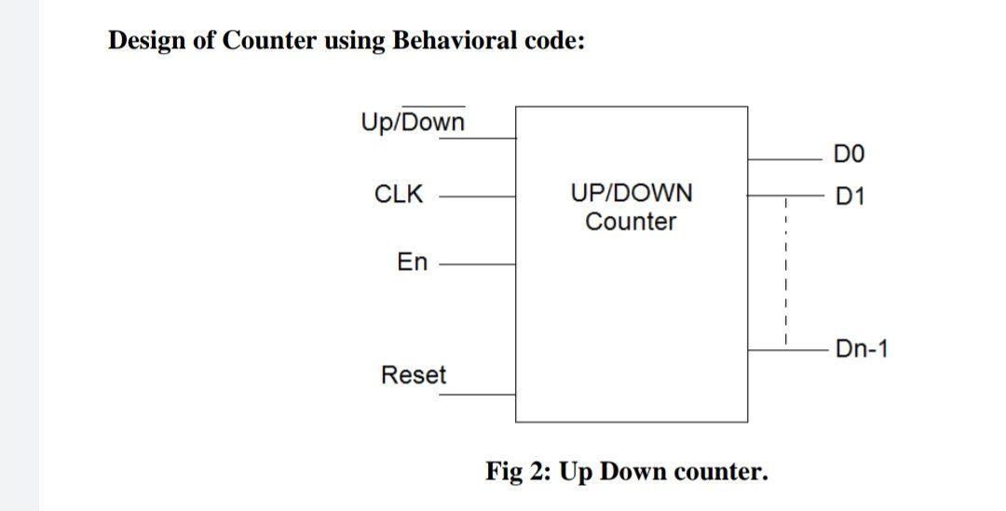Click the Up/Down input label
(x=413, y=122)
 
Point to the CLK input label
(x=398, y=195)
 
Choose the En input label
(x=412, y=262)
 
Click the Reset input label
(x=414, y=375)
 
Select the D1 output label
(x=850, y=196)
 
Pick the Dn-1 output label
(x=862, y=349)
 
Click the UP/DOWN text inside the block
(x=631, y=194)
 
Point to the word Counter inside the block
(x=631, y=222)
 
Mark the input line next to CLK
(x=477, y=196)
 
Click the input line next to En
(x=477, y=264)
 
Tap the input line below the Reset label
(x=477, y=395)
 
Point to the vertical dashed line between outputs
(x=786, y=270)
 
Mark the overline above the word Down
(x=434, y=107)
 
